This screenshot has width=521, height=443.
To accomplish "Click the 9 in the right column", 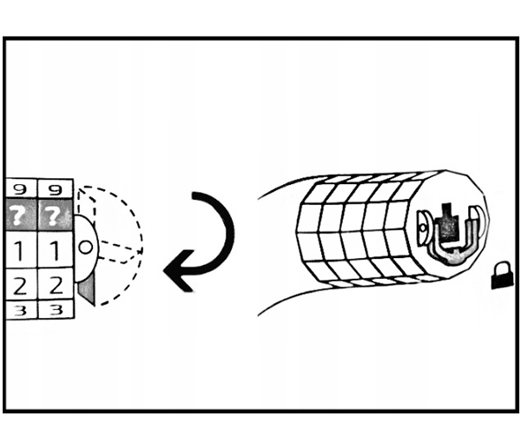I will [x=53, y=188].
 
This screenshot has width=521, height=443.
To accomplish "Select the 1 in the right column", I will [x=53, y=252].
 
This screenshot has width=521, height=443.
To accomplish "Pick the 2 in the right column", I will [x=53, y=283].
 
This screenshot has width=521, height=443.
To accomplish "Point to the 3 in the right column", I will [x=53, y=308].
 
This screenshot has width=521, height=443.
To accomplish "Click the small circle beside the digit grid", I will [x=85, y=247].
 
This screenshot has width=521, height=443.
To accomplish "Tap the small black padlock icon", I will [x=500, y=278].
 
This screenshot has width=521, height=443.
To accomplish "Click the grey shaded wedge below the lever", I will [x=86, y=287].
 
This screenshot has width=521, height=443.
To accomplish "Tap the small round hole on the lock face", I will [x=423, y=230].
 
